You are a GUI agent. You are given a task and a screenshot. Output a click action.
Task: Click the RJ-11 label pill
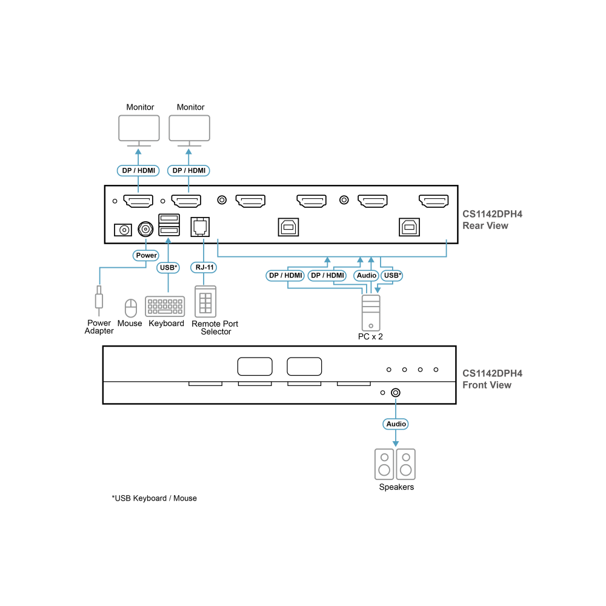click(204, 267)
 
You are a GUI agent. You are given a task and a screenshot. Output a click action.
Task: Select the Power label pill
click(146, 256)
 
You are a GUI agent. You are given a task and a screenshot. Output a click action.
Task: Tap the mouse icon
click(131, 308)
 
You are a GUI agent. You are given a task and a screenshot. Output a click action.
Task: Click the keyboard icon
click(165, 307)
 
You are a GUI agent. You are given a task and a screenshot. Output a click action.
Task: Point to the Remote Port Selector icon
click(205, 302)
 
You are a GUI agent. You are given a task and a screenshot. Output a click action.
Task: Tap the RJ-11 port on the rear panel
click(200, 227)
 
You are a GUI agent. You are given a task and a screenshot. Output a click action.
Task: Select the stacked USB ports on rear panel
click(169, 225)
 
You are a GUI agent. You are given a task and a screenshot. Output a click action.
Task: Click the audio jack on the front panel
click(395, 393)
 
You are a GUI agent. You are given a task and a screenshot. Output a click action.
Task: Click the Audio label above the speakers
click(396, 424)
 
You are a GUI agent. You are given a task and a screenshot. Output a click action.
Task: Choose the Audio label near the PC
click(366, 276)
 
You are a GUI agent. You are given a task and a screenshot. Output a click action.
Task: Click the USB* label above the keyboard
click(168, 267)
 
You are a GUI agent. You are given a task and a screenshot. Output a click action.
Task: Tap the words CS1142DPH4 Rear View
click(492, 220)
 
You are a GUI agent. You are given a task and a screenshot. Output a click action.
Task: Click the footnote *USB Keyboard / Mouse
click(154, 498)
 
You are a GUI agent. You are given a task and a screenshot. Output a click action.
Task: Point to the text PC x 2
click(370, 336)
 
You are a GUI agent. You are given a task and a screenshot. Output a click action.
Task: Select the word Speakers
click(396, 487)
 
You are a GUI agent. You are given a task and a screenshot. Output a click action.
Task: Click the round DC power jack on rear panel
click(145, 229)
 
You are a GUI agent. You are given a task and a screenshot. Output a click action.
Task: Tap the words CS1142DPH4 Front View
click(492, 379)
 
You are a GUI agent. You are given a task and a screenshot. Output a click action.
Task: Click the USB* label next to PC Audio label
click(392, 276)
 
